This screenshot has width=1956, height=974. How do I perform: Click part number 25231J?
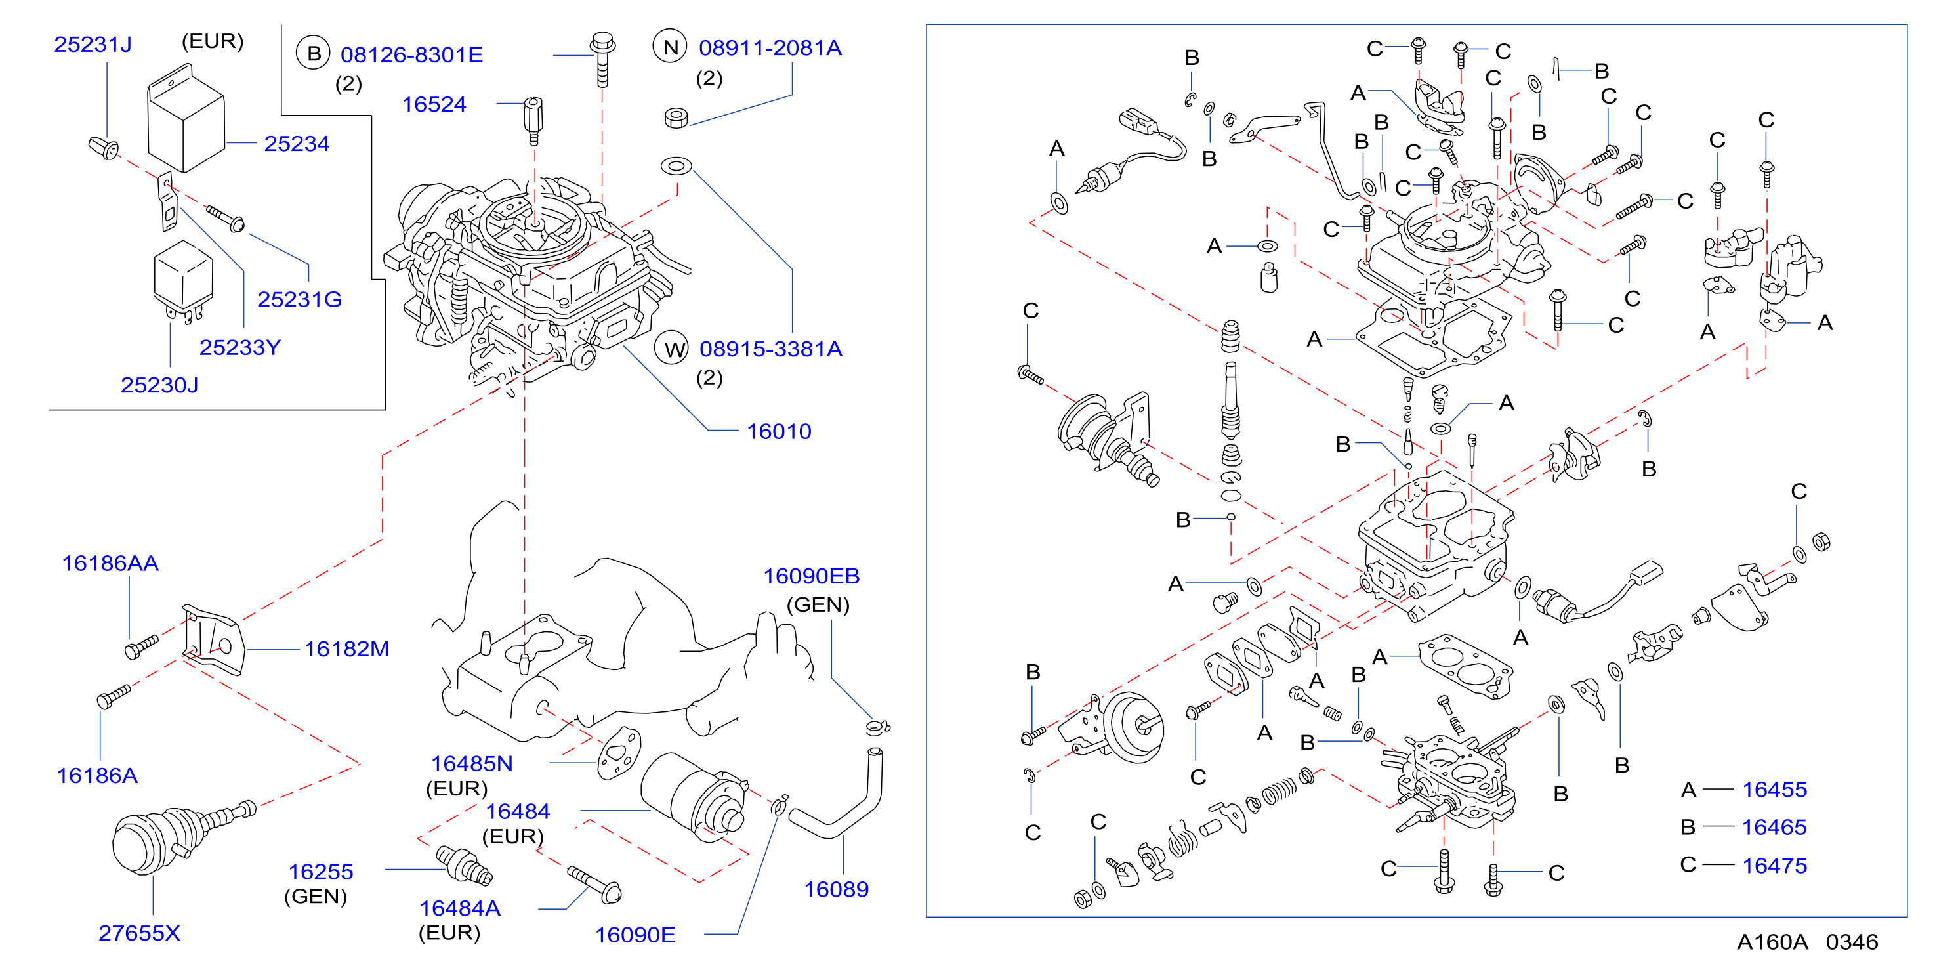(x=93, y=44)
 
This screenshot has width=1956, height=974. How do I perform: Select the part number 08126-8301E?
(x=411, y=54)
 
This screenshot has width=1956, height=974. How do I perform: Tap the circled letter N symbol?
(x=670, y=47)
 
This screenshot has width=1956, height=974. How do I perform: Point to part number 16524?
(x=434, y=104)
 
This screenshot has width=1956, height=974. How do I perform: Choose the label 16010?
(x=779, y=431)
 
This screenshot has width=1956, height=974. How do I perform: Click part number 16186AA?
(x=110, y=563)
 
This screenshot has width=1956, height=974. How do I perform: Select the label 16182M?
(x=347, y=649)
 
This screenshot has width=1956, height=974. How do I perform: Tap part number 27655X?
(x=140, y=933)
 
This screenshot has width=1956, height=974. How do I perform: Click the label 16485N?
(x=472, y=763)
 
